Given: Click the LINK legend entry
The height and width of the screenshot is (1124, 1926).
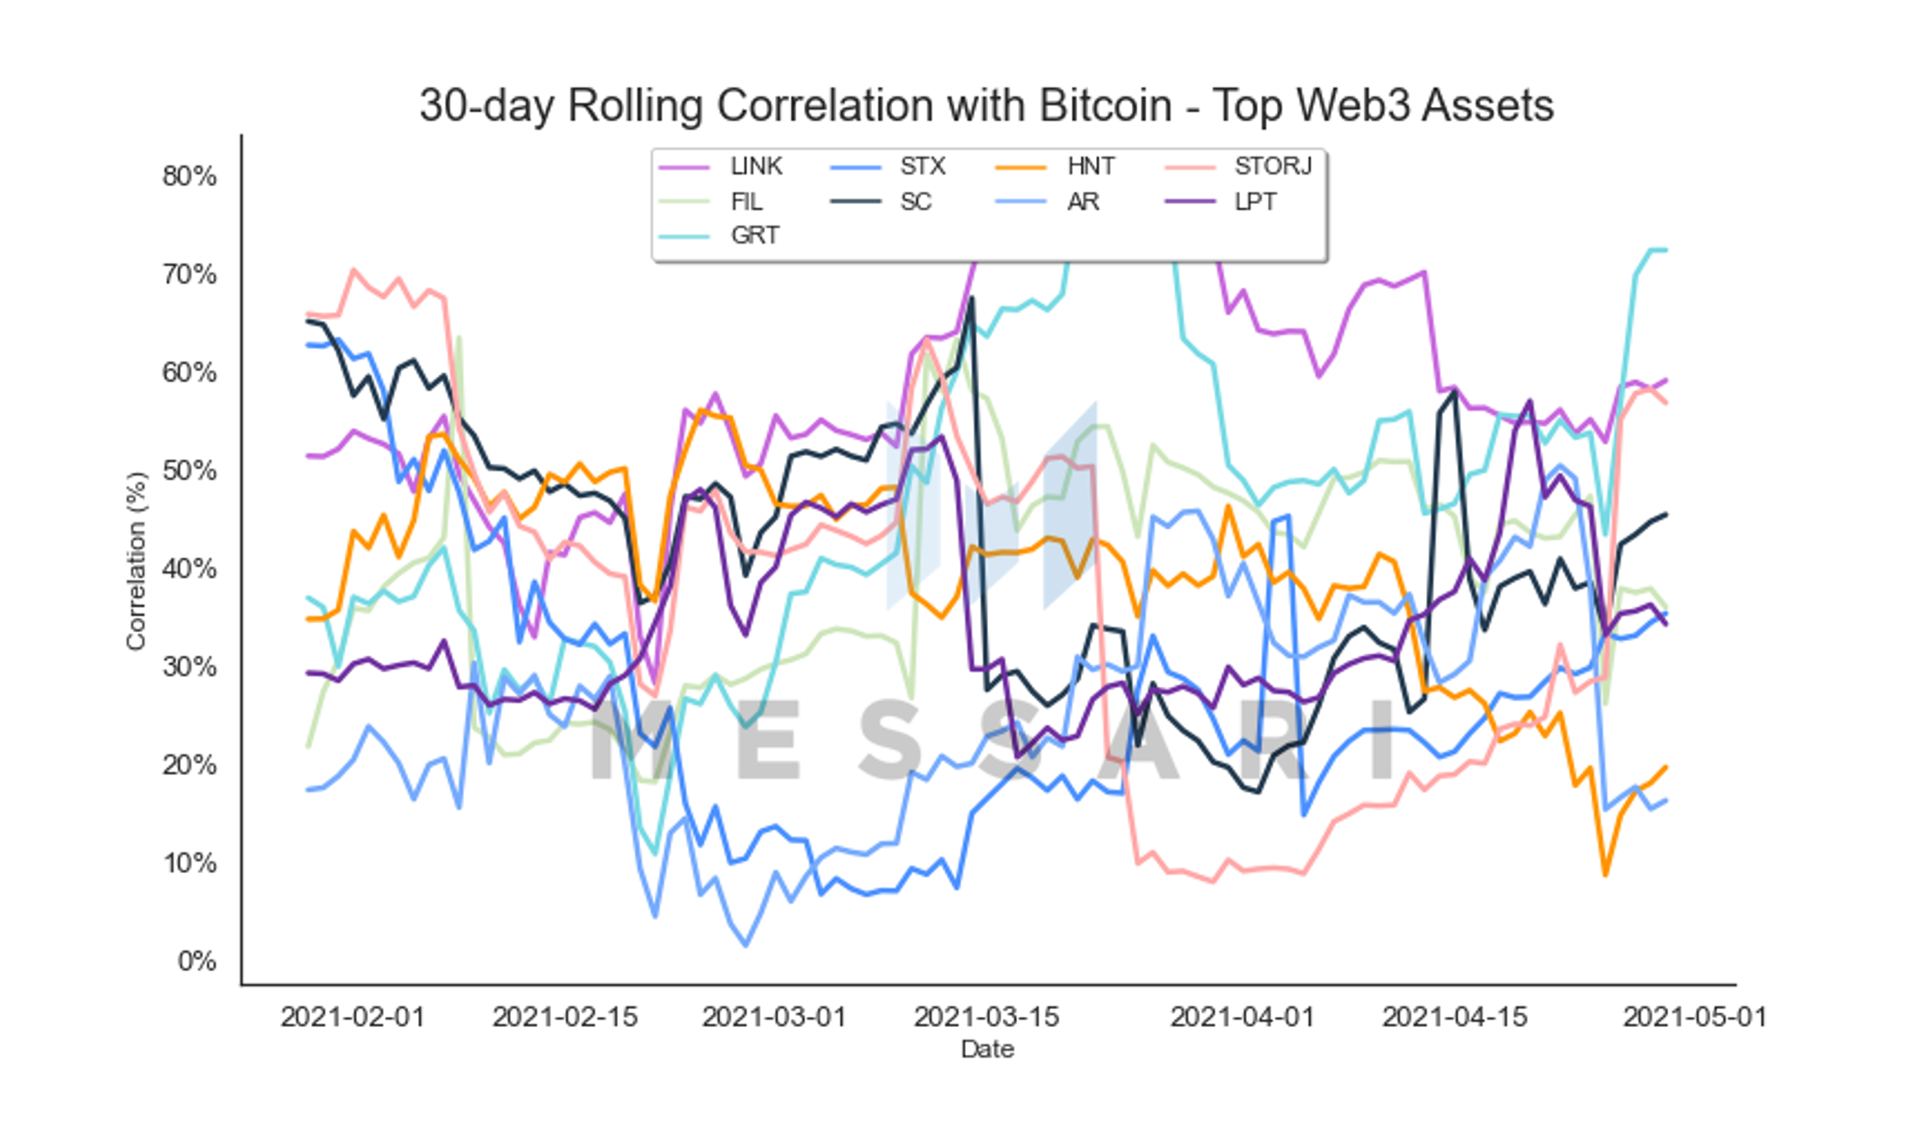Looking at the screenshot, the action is (x=720, y=166).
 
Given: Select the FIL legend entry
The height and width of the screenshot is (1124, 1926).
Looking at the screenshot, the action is (x=710, y=201).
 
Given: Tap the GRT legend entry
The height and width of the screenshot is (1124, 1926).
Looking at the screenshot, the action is (x=718, y=236).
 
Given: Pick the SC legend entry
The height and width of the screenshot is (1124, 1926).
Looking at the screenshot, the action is (x=880, y=201).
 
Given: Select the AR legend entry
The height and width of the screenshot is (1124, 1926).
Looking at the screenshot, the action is (x=1048, y=201).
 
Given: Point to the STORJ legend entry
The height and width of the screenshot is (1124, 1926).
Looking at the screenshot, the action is (x=1238, y=166).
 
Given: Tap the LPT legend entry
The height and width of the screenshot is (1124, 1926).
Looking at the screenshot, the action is (x=1220, y=201).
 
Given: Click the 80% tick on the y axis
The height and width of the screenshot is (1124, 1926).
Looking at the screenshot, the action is (x=190, y=175).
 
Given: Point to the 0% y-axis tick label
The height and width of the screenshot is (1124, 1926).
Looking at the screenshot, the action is (x=197, y=961).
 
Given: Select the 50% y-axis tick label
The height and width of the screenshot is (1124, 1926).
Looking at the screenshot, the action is (x=190, y=470).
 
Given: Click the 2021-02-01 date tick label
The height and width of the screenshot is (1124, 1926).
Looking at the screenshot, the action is (x=352, y=1017).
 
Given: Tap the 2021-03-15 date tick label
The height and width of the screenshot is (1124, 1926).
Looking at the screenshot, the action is (x=986, y=1017).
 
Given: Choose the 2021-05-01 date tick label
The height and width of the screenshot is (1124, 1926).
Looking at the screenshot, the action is (x=1695, y=1017).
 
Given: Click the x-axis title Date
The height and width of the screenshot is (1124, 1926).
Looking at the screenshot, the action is (x=987, y=1049).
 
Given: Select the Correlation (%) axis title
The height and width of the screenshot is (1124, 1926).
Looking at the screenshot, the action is (x=136, y=561).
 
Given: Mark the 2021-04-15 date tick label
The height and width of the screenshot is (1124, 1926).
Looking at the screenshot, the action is (x=1455, y=1017).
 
